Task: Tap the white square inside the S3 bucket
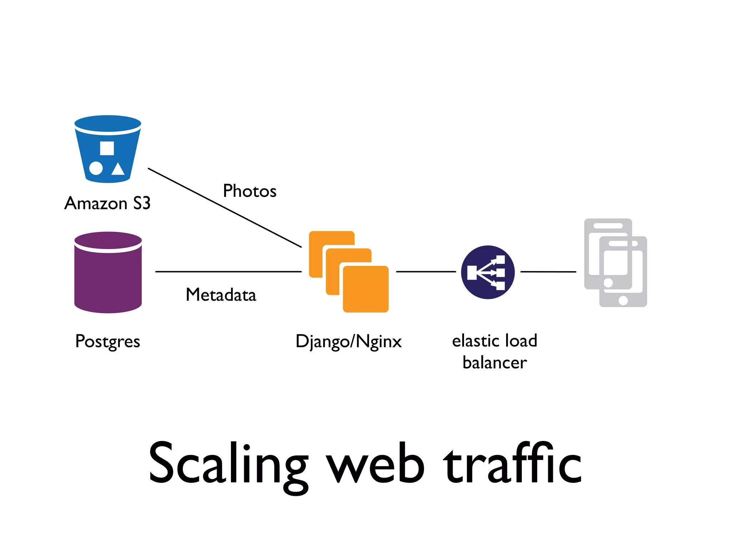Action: (x=107, y=148)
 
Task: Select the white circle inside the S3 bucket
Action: (x=96, y=168)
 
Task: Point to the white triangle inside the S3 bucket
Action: (x=118, y=169)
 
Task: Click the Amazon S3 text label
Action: (x=107, y=203)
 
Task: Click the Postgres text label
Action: (x=107, y=341)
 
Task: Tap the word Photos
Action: (x=249, y=191)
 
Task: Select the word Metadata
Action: (x=221, y=295)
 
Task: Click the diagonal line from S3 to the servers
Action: (x=225, y=208)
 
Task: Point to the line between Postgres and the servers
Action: (x=228, y=272)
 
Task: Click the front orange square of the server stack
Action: (x=365, y=289)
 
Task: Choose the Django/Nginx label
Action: (x=348, y=341)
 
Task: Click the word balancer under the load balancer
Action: (x=494, y=363)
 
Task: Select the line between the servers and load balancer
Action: (x=426, y=272)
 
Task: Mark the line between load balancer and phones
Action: (x=548, y=272)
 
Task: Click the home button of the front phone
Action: (x=623, y=300)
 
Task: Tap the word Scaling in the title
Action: (x=228, y=464)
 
